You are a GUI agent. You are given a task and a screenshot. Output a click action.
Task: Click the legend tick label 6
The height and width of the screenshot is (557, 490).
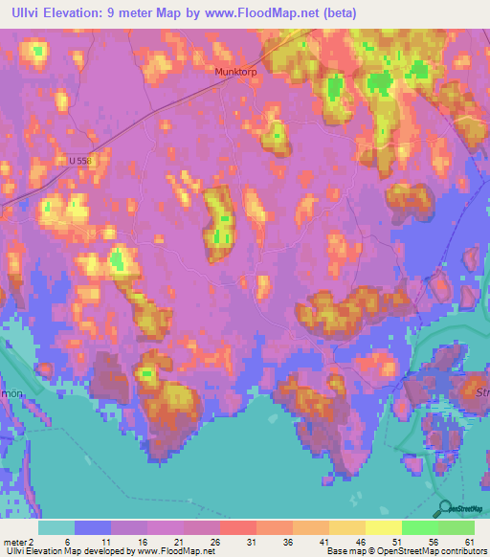click(x=67, y=542)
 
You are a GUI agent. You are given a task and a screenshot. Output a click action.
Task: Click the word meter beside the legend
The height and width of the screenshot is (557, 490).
click(x=17, y=542)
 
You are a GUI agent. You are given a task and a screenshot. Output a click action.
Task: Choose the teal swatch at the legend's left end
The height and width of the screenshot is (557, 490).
click(x=56, y=527)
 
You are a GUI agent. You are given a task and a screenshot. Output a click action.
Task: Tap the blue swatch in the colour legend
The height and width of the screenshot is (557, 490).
click(x=93, y=527)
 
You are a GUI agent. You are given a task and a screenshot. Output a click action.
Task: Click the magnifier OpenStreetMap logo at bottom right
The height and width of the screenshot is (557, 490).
click(x=443, y=507)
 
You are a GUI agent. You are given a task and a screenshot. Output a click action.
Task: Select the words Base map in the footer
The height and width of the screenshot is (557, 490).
click(x=345, y=552)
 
